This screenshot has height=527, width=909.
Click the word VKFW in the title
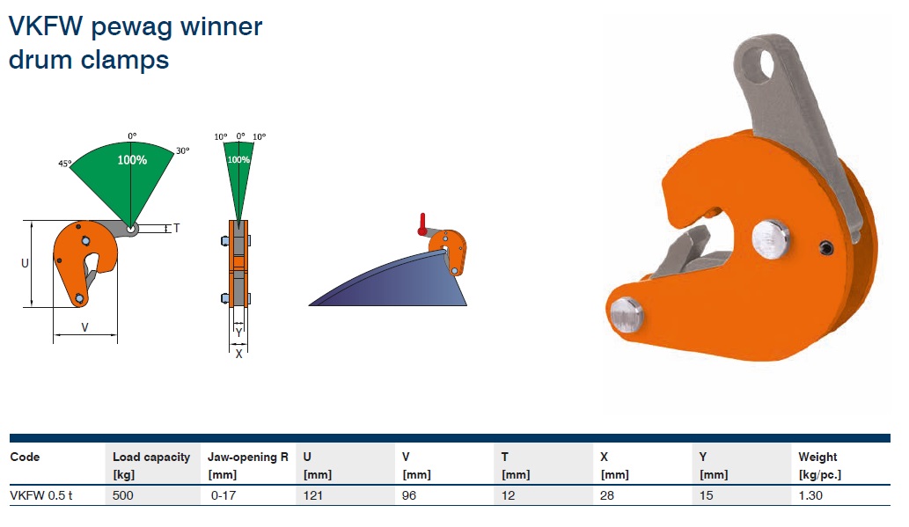(46, 26)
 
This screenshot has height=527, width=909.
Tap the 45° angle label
(64, 164)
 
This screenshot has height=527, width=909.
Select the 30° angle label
(183, 150)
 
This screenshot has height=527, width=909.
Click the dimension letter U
(25, 263)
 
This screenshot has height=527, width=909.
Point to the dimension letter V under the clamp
(84, 327)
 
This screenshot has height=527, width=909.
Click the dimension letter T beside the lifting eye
(176, 228)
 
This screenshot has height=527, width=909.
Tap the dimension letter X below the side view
(238, 354)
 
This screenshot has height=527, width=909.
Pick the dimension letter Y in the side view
(238, 333)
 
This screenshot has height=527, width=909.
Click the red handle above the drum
(422, 224)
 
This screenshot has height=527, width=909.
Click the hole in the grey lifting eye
(766, 65)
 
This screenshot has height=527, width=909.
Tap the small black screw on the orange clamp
(826, 248)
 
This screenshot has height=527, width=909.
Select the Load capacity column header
(151, 457)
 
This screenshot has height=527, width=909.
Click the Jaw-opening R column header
(248, 457)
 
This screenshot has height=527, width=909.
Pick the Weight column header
(817, 457)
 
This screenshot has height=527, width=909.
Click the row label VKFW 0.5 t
(41, 495)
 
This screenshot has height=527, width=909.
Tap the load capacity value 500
(123, 495)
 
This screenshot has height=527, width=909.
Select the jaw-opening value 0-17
(224, 495)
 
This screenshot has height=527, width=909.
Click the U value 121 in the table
(313, 495)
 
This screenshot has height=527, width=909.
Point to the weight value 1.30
(810, 495)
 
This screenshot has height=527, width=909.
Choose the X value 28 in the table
(607, 495)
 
